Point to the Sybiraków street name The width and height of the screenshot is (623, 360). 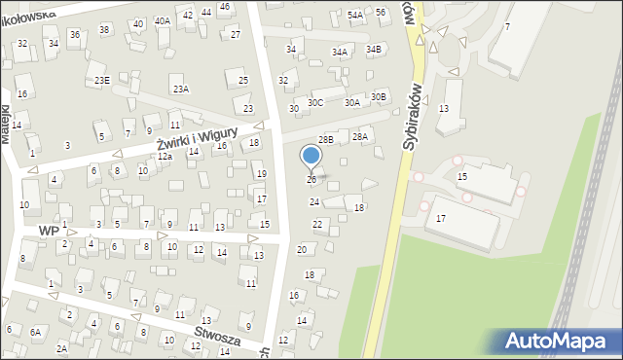pos(413,115)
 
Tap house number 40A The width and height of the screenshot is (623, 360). pos(163,20)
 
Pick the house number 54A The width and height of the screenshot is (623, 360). pos(355,15)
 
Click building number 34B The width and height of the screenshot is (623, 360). pos(374,49)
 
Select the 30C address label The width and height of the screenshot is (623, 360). pos(315,102)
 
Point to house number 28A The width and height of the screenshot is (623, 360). pos(360,137)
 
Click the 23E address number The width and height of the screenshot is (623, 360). pos(101,80)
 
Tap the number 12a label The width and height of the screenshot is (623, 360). pos(165,157)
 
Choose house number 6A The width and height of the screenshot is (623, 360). pos(36,332)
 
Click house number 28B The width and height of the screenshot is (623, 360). pos(326,140)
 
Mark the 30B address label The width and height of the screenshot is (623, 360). pos(379,96)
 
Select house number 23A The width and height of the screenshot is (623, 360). pos(180,89)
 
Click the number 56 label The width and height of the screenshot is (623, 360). pos(381,12)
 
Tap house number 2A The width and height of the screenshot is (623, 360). pos(62,347)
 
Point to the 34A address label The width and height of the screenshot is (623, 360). pos(340,53)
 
